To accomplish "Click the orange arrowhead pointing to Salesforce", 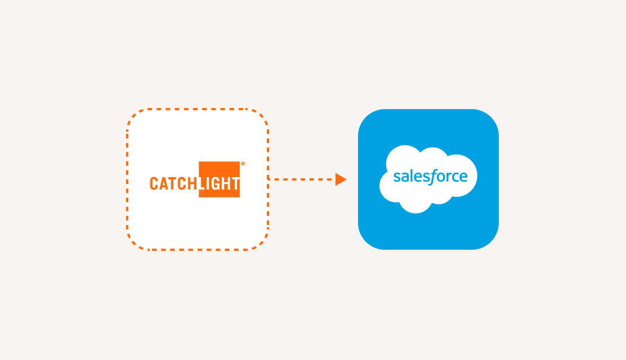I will pyautogui.click(x=341, y=179).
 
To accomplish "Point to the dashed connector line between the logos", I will pyautogui.click(x=301, y=179).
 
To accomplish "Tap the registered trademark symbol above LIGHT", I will pyautogui.click(x=243, y=164).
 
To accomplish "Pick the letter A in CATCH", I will pyautogui.click(x=164, y=184).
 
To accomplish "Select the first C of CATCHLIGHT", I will pyautogui.click(x=154, y=184).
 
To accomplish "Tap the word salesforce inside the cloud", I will pyautogui.click(x=430, y=177).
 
